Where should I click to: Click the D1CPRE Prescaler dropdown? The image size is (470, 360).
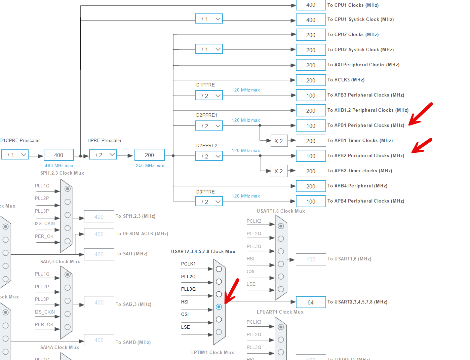[x=15, y=155]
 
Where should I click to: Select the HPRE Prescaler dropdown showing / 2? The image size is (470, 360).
[x=103, y=155]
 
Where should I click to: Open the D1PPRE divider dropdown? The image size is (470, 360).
[x=209, y=96]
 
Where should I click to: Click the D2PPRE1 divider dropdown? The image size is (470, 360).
[x=209, y=126]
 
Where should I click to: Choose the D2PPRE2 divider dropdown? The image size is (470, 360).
[x=209, y=156]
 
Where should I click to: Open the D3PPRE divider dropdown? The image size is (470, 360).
[x=209, y=202]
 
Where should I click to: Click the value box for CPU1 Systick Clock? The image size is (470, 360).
[x=311, y=20]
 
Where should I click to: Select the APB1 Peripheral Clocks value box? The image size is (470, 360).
[x=311, y=126]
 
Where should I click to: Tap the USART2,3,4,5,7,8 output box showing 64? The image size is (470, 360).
[x=311, y=302]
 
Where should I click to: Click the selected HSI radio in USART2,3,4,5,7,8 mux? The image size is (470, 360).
[x=219, y=307]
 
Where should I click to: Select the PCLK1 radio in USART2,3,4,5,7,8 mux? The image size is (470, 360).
[x=219, y=269]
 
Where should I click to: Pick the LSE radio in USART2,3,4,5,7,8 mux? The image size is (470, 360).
[x=219, y=332]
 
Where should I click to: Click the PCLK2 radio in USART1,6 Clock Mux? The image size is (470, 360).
[x=281, y=226]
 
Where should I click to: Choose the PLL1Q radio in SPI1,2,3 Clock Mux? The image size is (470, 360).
[x=68, y=189]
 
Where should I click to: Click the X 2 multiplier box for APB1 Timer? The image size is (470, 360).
[x=279, y=141]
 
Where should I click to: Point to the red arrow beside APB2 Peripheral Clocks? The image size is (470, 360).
[x=422, y=146]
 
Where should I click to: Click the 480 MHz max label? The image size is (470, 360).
[x=59, y=166]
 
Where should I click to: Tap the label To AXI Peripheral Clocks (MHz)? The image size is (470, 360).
[x=363, y=65]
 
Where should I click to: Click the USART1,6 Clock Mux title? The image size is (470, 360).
[x=281, y=211]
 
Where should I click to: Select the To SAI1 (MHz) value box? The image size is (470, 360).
[x=99, y=254]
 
